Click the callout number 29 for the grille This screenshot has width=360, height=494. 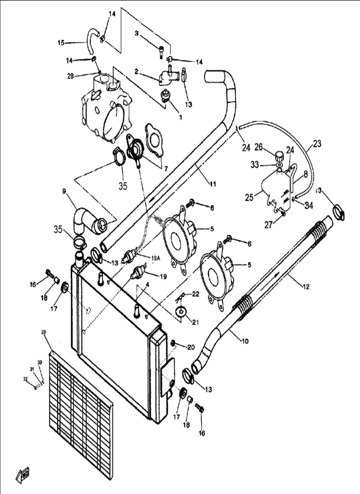click(x=44, y=332)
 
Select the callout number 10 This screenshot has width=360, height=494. click(x=245, y=341)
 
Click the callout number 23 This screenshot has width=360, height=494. click(x=317, y=144)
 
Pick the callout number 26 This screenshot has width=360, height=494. click(x=259, y=147)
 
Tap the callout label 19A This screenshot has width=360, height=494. click(x=156, y=258)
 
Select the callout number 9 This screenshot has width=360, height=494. click(x=64, y=191)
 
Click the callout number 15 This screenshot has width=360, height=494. click(x=61, y=43)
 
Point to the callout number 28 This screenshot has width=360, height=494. click(x=70, y=76)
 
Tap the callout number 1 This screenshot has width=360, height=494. click(x=181, y=117)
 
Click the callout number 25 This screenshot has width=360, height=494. click(x=249, y=197)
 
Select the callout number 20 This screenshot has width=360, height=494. click(x=191, y=347)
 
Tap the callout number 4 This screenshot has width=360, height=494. click(x=148, y=284)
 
